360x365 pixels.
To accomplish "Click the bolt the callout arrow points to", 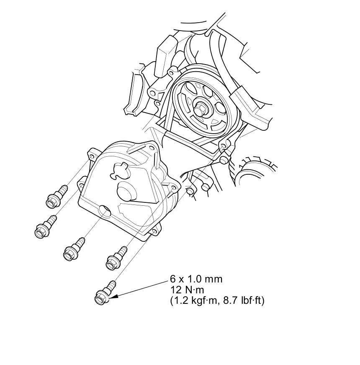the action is [104, 293].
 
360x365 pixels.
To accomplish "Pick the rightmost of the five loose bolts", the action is [116, 259].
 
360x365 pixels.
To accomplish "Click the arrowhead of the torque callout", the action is [115, 297].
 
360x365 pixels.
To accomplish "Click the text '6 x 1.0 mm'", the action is [196, 279].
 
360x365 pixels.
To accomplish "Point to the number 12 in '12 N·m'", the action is [175, 290].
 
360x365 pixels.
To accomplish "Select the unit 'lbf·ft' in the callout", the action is [251, 301].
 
